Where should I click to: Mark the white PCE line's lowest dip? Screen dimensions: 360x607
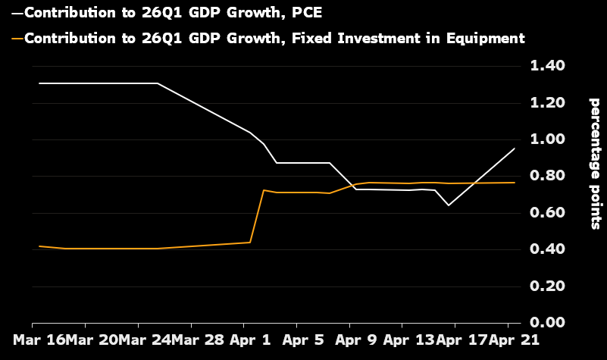point(449,205)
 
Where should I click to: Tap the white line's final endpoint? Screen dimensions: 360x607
point(515,149)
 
